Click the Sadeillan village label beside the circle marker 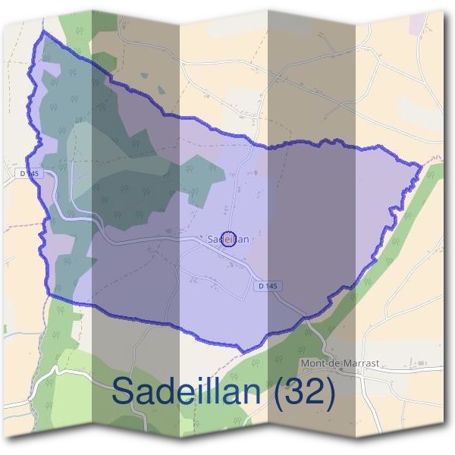pos(227,239)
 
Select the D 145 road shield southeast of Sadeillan pos(267,286)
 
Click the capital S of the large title pos(123,391)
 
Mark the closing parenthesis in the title pos(331,392)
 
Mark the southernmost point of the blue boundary pos(241,351)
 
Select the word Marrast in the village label pos(362,364)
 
